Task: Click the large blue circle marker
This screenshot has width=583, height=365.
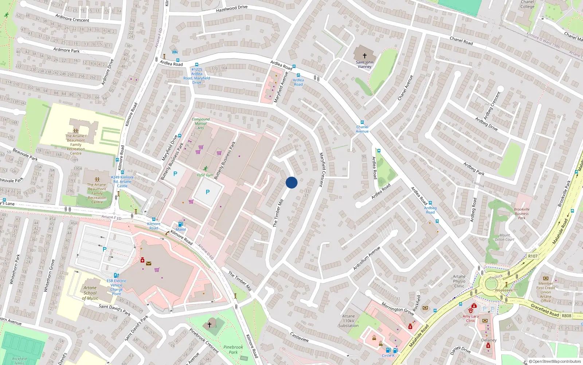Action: (291, 182)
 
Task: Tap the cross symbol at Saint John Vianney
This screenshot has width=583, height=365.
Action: (364, 56)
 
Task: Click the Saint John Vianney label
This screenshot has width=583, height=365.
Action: (364, 65)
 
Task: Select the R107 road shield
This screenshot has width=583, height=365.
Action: (533, 256)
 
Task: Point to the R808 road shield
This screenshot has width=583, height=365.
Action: (566, 316)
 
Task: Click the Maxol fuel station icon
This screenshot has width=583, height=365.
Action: (180, 224)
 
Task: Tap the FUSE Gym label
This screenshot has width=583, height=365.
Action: (205, 175)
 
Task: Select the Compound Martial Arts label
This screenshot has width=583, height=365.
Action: (200, 123)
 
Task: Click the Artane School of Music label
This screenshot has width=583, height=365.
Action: (90, 293)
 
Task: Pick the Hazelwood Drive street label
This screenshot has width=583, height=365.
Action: (232, 8)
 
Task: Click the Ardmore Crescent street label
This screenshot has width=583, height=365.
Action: (72, 18)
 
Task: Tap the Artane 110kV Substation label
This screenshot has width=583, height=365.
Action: (348, 321)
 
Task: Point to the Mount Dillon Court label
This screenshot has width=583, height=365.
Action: (505, 237)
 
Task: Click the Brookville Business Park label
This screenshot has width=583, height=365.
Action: (521, 214)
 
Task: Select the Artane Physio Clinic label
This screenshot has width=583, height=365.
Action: (459, 281)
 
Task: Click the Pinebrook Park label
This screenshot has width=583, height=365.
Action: (233, 350)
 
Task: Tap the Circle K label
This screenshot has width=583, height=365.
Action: (388, 356)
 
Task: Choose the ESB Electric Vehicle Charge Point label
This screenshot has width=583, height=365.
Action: (117, 287)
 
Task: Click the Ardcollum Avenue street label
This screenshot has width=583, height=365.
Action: (367, 258)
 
